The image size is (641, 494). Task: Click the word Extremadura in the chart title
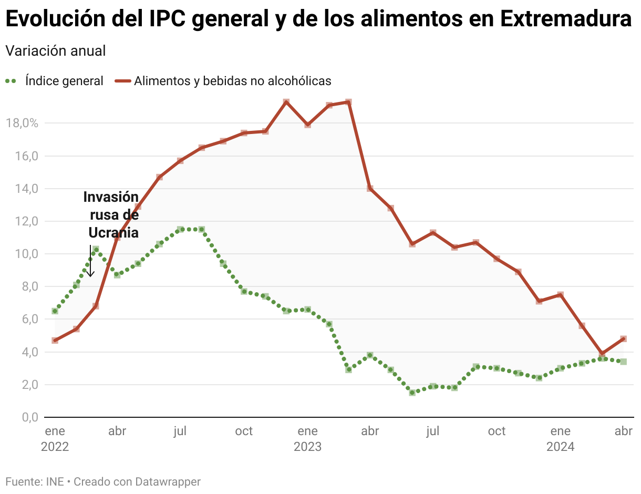coord(565,20)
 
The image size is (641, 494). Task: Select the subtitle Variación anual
coord(55,51)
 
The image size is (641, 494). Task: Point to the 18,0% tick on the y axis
coord(22,124)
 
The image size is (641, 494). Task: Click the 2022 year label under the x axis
coord(55,447)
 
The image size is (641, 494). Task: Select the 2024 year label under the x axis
coord(560,447)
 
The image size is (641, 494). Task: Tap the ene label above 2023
coord(307,431)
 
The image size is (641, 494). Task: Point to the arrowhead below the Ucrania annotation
coord(90,274)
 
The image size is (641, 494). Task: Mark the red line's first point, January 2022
coord(55,341)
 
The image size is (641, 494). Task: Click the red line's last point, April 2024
coord(623,339)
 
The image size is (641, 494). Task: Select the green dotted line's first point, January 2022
coord(55,311)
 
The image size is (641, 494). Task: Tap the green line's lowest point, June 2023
coord(412,393)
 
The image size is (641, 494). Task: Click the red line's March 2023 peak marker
coord(348,102)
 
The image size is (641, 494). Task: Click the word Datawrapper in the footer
coord(168,481)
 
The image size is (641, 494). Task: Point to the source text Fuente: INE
coord(34,481)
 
